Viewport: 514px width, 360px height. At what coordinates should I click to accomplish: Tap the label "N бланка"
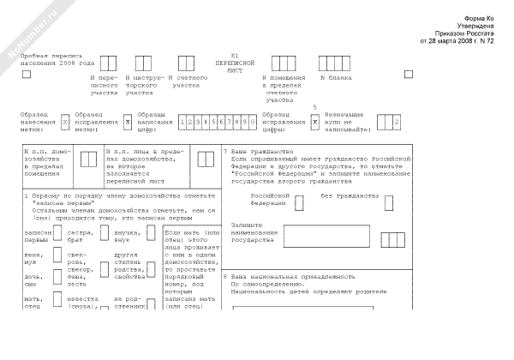click(x=336, y=78)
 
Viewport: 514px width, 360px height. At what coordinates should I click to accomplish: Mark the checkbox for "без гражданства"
click(x=389, y=201)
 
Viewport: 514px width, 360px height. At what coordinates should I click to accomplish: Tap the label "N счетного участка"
click(x=190, y=82)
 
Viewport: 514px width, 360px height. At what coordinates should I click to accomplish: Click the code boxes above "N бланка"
click(x=335, y=63)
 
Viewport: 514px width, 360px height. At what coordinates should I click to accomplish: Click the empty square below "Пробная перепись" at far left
click(x=26, y=74)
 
